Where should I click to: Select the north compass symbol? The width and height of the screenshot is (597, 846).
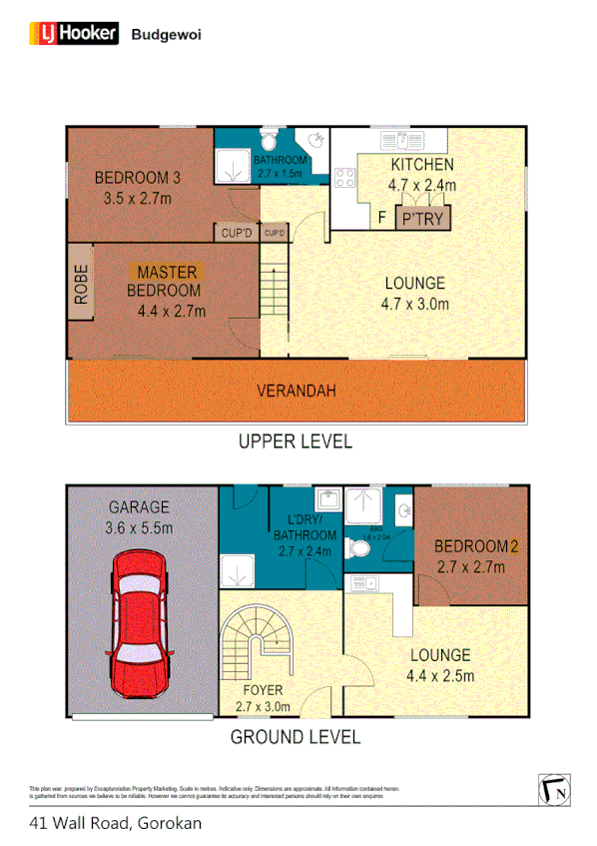click(554, 789)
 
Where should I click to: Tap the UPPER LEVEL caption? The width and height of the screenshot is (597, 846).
click(295, 440)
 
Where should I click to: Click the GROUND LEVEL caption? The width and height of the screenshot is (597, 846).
click(295, 738)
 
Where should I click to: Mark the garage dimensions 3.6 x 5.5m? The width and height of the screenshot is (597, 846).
click(139, 527)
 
